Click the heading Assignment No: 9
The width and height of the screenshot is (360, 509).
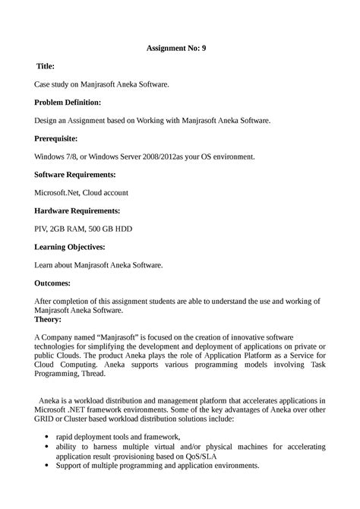pos(175,47)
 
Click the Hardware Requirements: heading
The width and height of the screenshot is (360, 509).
pos(76,210)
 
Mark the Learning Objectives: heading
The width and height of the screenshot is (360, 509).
pos(69,247)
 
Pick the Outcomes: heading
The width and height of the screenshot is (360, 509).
pos(52,283)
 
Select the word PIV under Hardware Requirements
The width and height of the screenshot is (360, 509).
pos(43,229)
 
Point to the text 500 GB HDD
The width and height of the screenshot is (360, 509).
pos(115,229)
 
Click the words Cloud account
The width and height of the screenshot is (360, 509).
pos(106,192)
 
